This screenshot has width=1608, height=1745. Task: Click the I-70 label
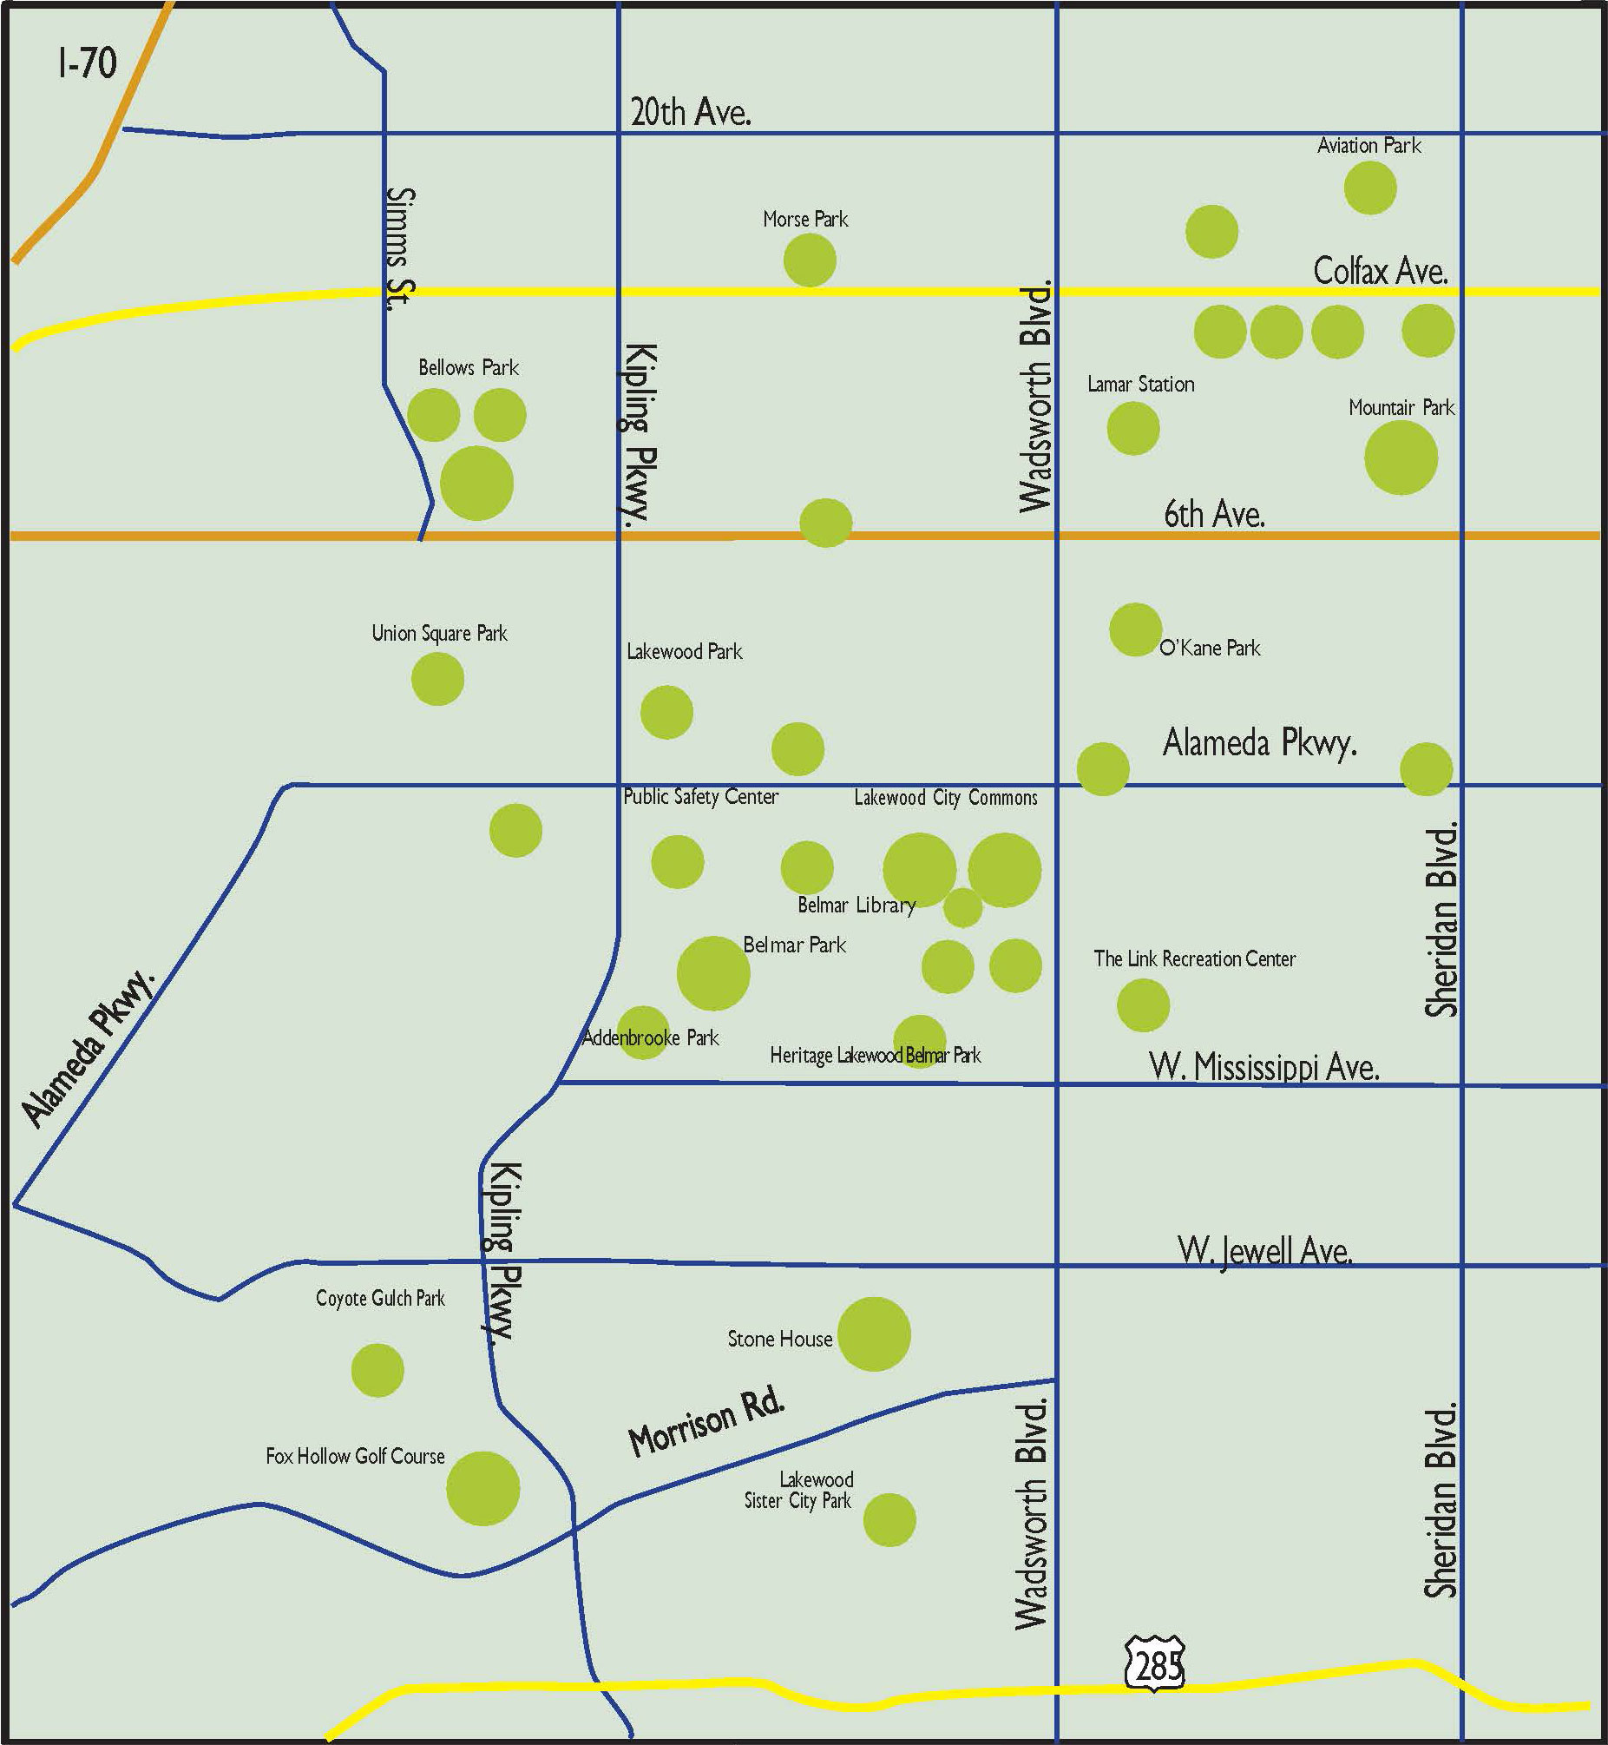[x=87, y=63]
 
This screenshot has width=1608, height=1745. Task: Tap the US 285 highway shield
[x=1155, y=1664]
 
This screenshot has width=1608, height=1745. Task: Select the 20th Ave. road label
[x=690, y=112]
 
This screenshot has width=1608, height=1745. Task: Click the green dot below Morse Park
[x=810, y=260]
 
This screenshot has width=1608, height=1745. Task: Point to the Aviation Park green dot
[x=1369, y=188]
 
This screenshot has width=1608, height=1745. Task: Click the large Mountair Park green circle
[x=1400, y=458]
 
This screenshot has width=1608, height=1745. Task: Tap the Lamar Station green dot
[x=1133, y=428]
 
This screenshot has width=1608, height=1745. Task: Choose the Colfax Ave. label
[x=1380, y=272]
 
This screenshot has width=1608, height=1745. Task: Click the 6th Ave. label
[x=1214, y=514]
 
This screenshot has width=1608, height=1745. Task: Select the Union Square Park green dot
[x=436, y=679]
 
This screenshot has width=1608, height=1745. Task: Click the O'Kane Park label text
[x=1210, y=648]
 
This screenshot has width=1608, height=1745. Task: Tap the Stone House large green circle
[x=874, y=1334]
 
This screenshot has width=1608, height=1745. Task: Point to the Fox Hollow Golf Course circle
[x=483, y=1488]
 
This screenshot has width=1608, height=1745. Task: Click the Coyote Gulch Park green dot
[x=377, y=1370]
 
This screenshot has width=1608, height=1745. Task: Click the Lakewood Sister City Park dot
[x=889, y=1519]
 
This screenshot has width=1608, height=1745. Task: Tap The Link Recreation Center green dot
[x=1143, y=1005]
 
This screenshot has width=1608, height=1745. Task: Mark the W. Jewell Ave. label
[x=1264, y=1251]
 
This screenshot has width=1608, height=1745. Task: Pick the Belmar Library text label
[x=857, y=905]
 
